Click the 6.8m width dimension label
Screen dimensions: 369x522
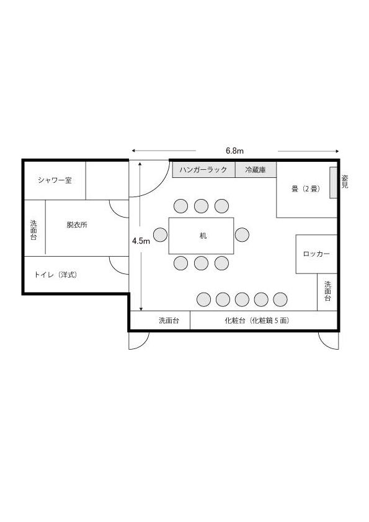click(235, 151)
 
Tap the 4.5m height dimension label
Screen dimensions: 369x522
click(141, 241)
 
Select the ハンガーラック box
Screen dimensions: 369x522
click(204, 170)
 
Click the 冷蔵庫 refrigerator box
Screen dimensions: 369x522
click(256, 170)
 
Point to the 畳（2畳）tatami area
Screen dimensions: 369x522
click(307, 189)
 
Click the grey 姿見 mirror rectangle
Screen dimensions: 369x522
click(334, 183)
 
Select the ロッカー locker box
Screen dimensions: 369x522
click(316, 254)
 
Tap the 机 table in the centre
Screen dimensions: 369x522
click(201, 236)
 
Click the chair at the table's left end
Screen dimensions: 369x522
click(160, 235)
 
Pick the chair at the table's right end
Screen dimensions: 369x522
click(242, 235)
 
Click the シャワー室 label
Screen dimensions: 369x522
click(55, 180)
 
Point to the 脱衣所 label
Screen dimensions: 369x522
click(77, 224)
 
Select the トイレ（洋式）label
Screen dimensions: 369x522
click(56, 275)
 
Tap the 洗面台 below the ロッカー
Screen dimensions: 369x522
click(327, 292)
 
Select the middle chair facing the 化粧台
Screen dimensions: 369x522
click(242, 299)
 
